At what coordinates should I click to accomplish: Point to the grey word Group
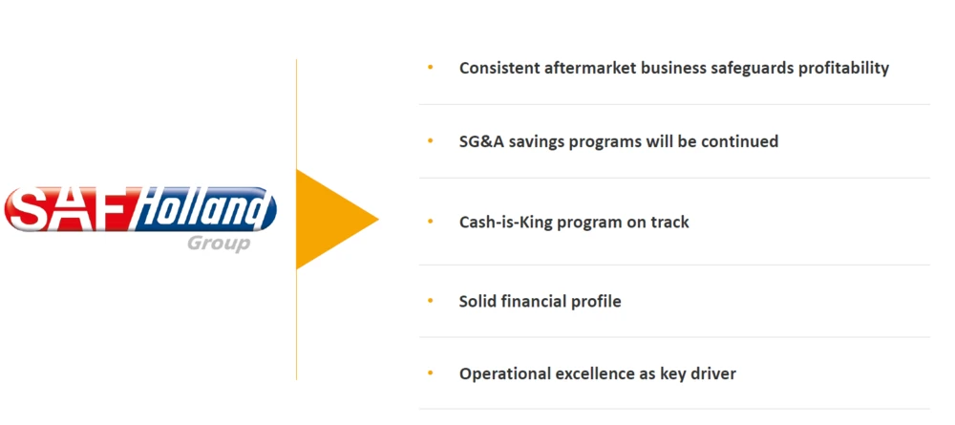pos(219,244)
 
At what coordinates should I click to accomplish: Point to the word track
pos(669,222)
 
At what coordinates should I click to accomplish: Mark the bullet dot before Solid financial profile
pos(431,300)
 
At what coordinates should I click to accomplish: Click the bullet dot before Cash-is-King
pos(431,221)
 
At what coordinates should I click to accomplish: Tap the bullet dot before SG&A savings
pos(431,140)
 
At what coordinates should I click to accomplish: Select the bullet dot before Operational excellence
pos(431,372)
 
